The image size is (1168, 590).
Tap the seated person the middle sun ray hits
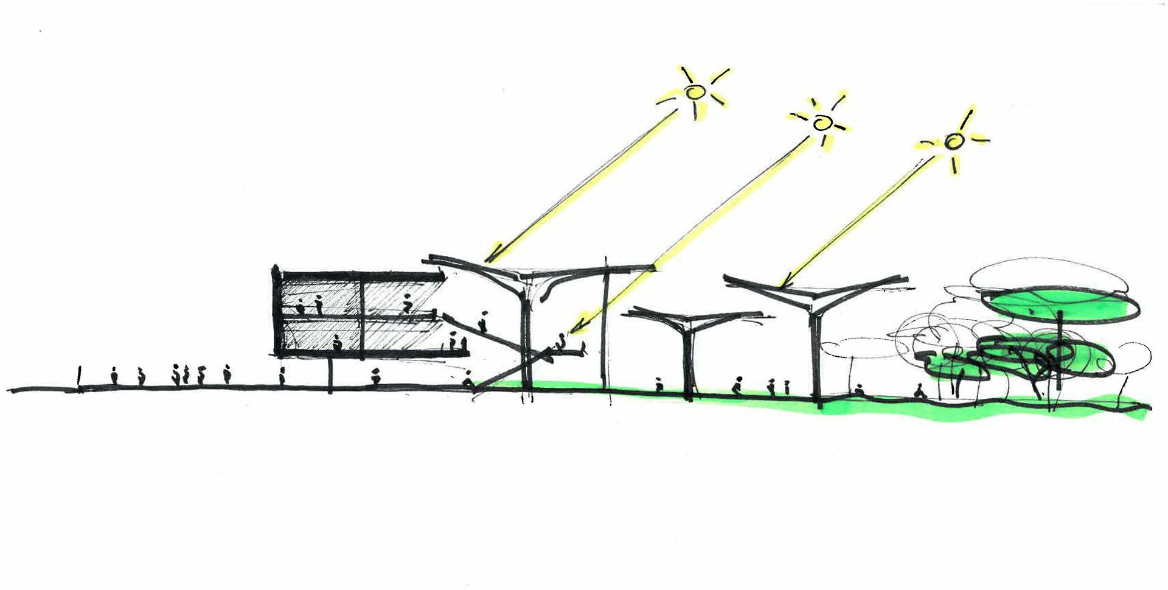[x=560, y=345]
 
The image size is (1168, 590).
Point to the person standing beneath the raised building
[x=376, y=378]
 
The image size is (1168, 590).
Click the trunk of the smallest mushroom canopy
[x=689, y=365]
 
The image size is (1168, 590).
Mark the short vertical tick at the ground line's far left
[x=79, y=379]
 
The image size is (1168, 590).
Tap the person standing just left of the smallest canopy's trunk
[x=658, y=385]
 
